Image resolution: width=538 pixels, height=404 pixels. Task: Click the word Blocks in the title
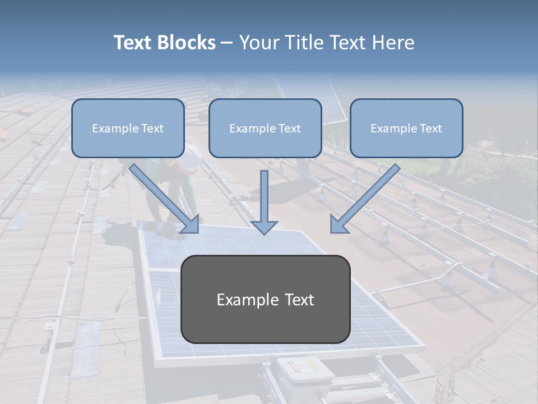(186, 43)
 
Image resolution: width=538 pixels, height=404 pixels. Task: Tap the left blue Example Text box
(128, 128)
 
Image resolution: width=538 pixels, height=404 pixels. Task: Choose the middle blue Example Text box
(265, 128)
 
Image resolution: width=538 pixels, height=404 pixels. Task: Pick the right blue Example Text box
(406, 128)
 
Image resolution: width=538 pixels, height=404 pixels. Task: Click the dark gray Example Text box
(265, 300)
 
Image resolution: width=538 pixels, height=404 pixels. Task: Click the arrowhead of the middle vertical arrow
(264, 226)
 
